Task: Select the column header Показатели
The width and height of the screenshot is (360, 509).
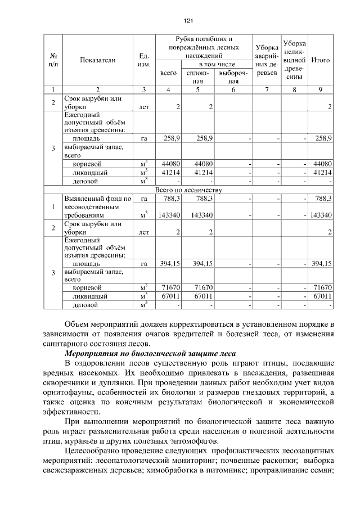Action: click(x=97, y=60)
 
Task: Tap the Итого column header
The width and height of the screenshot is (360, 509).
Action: click(x=320, y=60)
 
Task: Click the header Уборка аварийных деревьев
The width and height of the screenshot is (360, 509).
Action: click(x=265, y=60)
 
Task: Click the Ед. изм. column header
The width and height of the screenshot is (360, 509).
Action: click(x=143, y=60)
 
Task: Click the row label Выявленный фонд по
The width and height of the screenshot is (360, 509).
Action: click(x=97, y=198)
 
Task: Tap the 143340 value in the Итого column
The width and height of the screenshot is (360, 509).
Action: click(x=321, y=215)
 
